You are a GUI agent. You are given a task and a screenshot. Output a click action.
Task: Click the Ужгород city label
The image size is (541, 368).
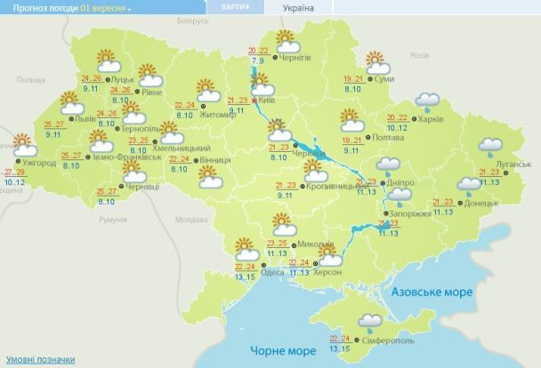(39, 163)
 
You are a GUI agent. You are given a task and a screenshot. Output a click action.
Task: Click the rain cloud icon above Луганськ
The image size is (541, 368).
(490, 146)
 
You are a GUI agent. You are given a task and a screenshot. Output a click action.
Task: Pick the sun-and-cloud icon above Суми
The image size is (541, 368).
(377, 61)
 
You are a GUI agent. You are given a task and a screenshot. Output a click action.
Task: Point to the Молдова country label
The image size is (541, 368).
(190, 218)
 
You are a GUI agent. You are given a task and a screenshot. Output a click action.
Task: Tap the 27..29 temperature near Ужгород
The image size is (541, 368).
(14, 172)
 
